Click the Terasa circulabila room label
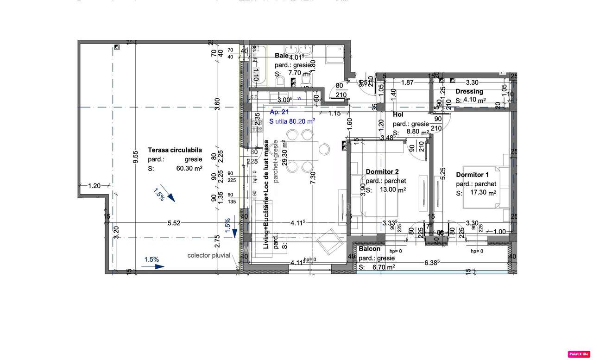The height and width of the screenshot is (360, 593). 175,150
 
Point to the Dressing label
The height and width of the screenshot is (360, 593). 469,91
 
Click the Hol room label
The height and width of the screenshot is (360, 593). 398,114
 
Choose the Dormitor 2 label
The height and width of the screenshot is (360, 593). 382,171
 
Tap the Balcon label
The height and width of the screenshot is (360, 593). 369,249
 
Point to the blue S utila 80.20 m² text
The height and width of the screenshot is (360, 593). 292,121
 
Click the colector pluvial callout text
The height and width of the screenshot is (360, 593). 208,255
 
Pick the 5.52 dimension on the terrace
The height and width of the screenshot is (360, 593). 174,223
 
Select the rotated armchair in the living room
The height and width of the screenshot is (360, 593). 328,240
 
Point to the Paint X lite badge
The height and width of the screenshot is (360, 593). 579,354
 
